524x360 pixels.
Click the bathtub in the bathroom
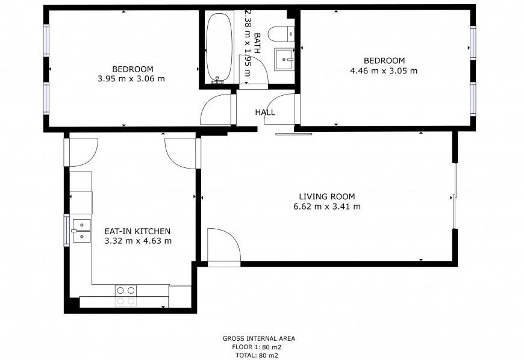coord(219,48)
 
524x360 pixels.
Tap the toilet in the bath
coord(281,34)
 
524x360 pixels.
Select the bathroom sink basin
coord(284,60)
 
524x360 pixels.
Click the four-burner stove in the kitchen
coord(126,296)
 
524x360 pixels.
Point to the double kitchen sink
coord(81,231)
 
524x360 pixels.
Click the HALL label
coord(265,113)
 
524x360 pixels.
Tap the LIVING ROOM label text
coord(327,197)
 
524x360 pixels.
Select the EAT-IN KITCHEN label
coord(138,231)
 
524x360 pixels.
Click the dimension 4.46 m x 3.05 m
coord(384,71)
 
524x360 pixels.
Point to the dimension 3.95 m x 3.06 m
coord(131,79)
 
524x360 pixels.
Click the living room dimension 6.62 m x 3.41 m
coord(327,206)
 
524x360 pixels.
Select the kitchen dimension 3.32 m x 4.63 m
coord(138,241)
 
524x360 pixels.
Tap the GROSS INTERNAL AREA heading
coord(259,338)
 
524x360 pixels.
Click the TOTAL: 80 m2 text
coord(257,356)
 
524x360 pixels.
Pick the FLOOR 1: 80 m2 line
coord(257,347)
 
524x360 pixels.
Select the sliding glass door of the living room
coord(455,196)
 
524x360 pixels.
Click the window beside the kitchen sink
coord(66,230)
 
